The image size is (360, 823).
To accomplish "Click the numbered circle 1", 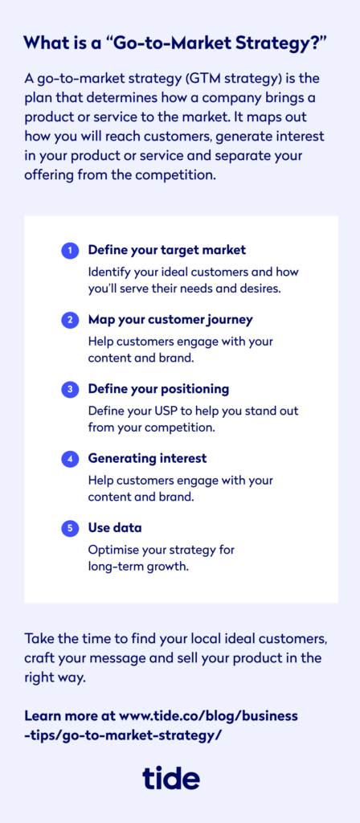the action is [x=69, y=251].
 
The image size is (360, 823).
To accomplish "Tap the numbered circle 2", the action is [x=69, y=320].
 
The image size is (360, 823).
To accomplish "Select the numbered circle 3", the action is [x=69, y=390].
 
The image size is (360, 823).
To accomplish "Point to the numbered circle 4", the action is [x=69, y=459].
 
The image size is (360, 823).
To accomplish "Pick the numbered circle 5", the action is [x=69, y=529].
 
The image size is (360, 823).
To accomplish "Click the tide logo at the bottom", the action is [x=171, y=777].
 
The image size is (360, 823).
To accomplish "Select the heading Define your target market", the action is [x=167, y=251].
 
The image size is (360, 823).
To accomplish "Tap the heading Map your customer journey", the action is [x=170, y=320].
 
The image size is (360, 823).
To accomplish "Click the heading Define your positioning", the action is [x=158, y=390].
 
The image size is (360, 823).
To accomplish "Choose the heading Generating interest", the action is [x=148, y=458].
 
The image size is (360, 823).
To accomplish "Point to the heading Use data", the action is [x=115, y=527].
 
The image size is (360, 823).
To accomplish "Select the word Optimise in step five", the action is [x=110, y=551].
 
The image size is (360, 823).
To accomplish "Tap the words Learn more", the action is [x=57, y=715].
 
